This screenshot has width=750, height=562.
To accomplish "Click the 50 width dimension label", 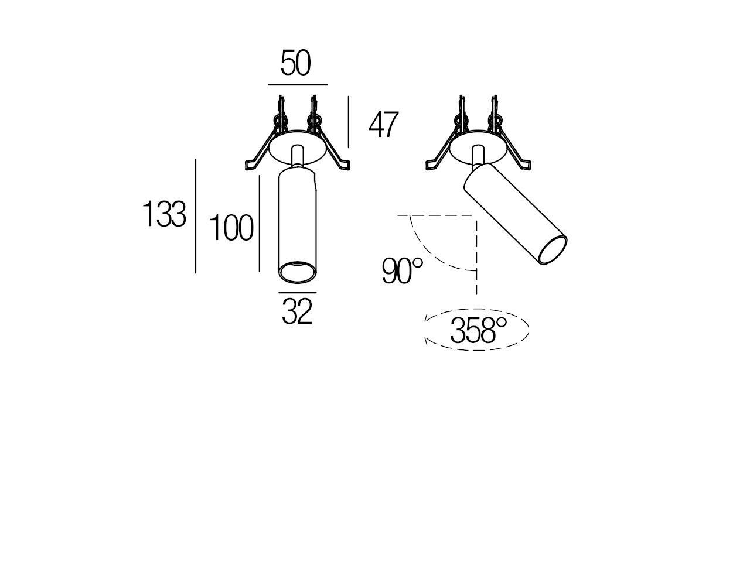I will click(295, 64).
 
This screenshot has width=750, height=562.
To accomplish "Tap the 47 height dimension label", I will click(383, 125).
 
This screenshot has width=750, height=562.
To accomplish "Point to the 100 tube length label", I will click(231, 228).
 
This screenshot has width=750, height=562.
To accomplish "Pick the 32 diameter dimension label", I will click(297, 311).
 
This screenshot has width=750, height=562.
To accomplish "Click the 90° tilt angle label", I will click(402, 271).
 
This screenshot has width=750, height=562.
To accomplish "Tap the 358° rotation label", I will click(478, 331).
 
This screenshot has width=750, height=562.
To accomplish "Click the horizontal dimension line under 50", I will click(297, 85).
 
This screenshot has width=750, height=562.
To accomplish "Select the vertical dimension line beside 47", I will click(349, 122).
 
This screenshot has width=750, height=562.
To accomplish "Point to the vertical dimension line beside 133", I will click(195, 215).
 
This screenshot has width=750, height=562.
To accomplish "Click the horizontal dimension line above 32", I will click(297, 292).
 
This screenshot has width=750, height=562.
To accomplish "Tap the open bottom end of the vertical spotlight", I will click(297, 272).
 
